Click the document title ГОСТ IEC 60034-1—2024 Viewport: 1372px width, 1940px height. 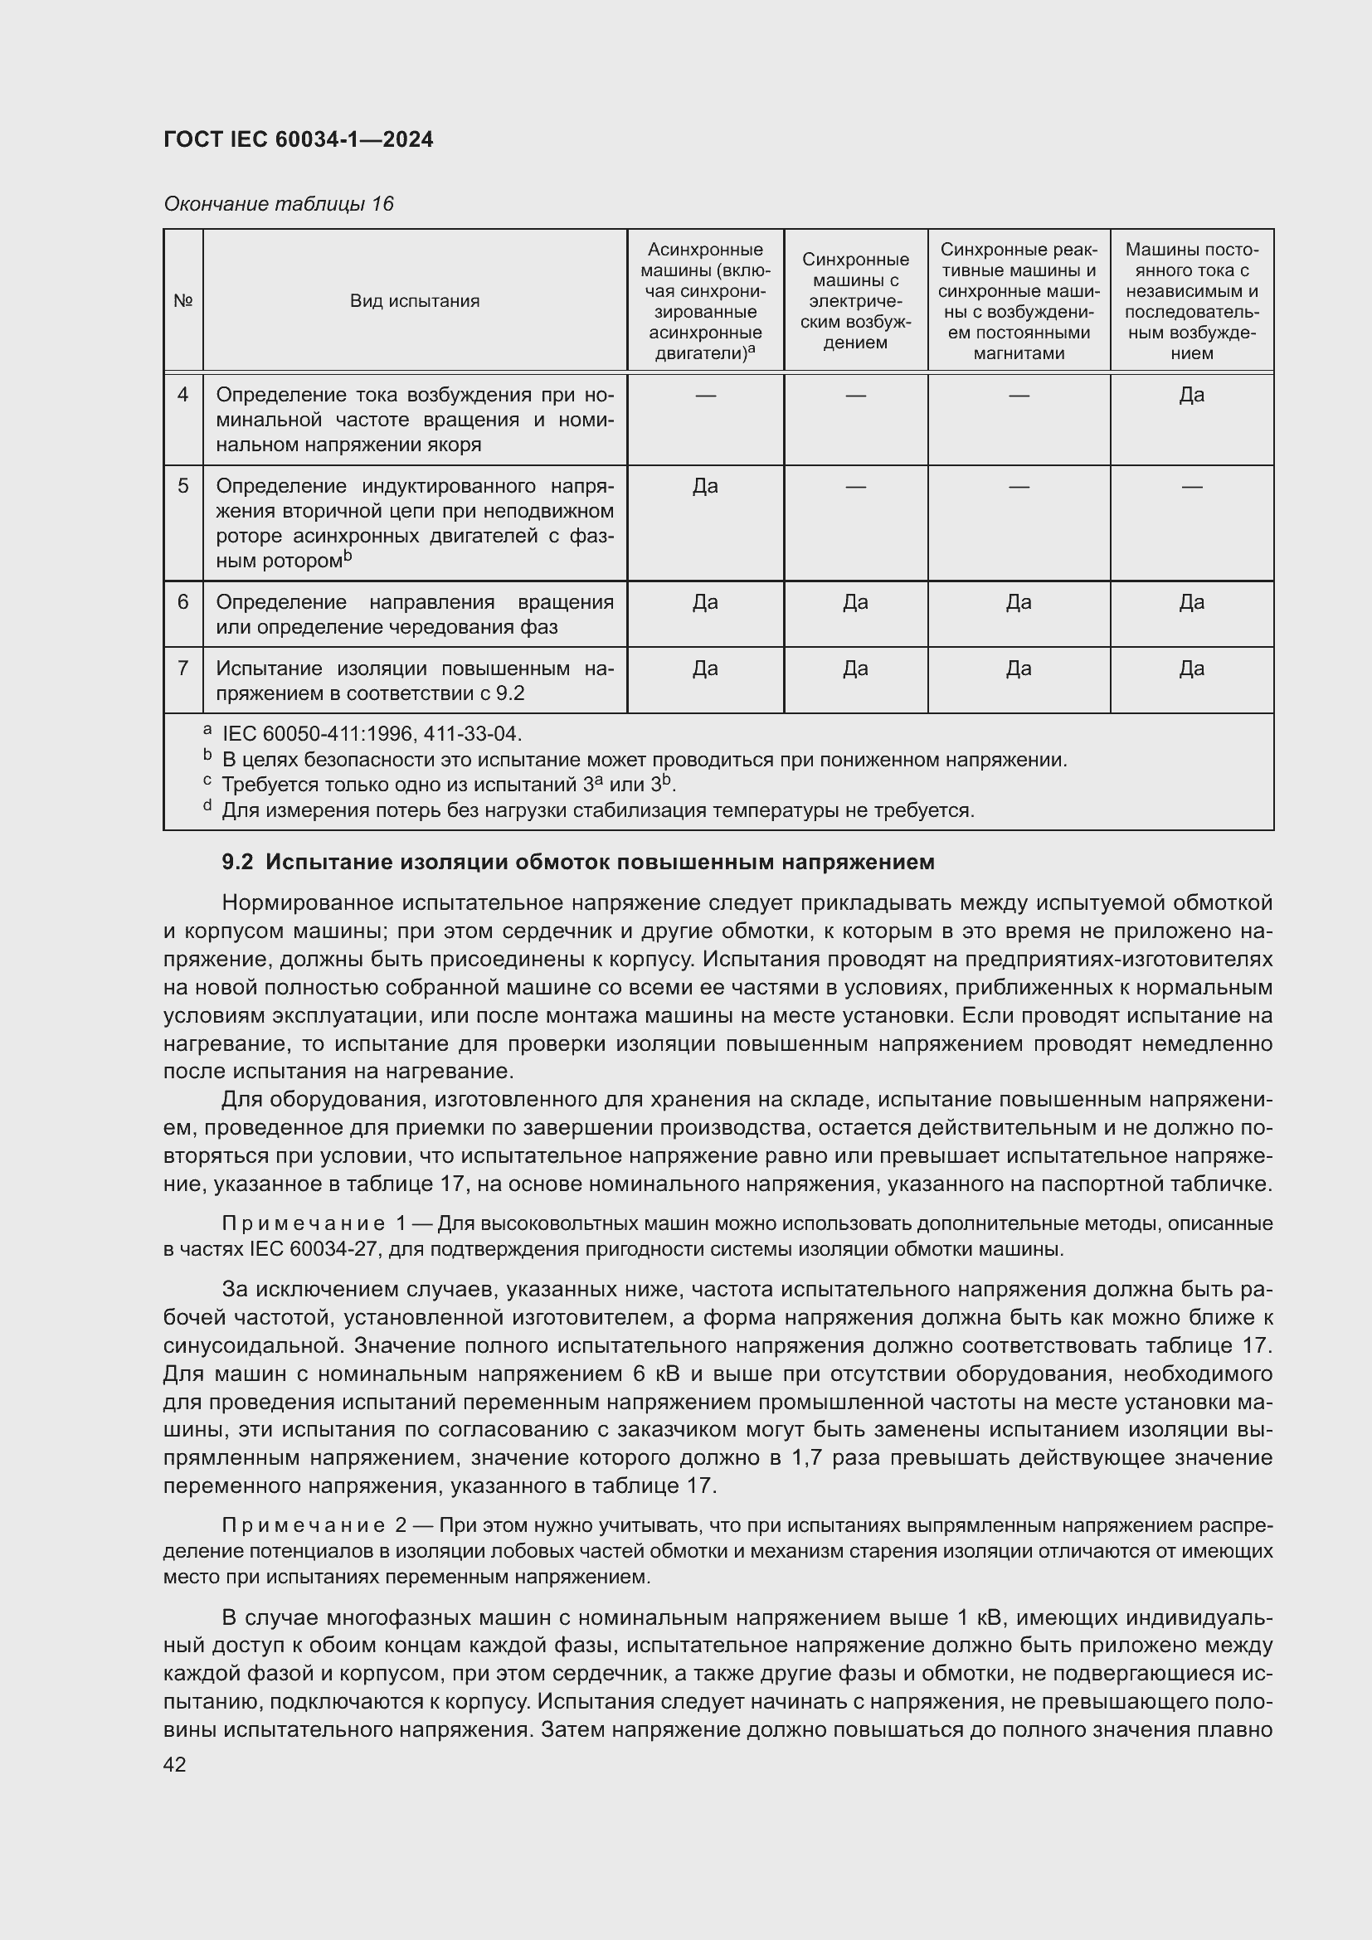pyautogui.click(x=299, y=140)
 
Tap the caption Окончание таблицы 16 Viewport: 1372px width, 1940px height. pyautogui.click(x=279, y=204)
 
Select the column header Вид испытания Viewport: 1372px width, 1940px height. pyautogui.click(x=415, y=301)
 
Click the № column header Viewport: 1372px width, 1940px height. pyautogui.click(x=182, y=301)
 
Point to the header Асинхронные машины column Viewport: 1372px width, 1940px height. pyautogui.click(x=705, y=301)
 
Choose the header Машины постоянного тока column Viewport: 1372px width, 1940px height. pyautogui.click(x=1191, y=301)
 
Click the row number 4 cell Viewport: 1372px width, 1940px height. pyautogui.click(x=182, y=395)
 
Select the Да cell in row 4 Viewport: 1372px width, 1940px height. pyautogui.click(x=1191, y=395)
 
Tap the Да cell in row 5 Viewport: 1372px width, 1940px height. pyautogui.click(x=705, y=486)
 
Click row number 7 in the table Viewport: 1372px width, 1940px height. pyautogui.click(x=182, y=669)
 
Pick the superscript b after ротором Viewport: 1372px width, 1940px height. pyautogui.click(x=348, y=556)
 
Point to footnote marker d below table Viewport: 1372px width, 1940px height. pyautogui.click(x=207, y=806)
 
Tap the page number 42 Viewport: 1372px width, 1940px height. pyautogui.click(x=175, y=1764)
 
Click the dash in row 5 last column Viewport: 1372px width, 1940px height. pyautogui.click(x=1191, y=487)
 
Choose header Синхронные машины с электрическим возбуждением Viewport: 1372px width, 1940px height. pyautogui.click(x=855, y=301)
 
